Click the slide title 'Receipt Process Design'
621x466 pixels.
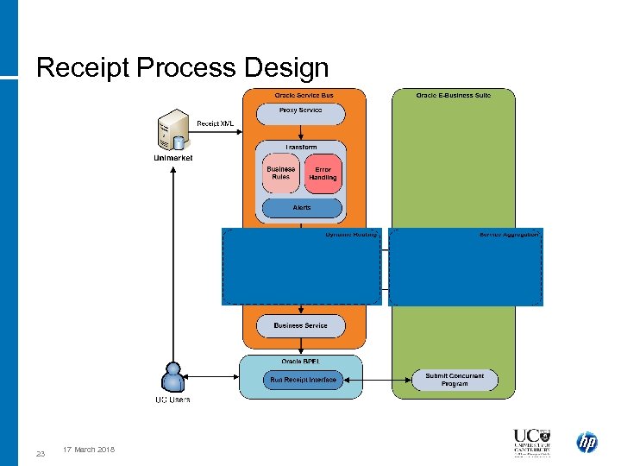pos(182,67)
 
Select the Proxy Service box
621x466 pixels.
pos(300,111)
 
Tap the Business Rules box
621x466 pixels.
pos(280,173)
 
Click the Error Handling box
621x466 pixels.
pos(323,173)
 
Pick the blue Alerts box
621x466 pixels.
pos(301,208)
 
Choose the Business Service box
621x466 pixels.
pos(300,325)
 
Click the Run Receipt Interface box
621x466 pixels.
pos(303,380)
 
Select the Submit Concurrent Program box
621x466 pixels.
pos(455,380)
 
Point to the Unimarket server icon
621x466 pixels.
pos(174,129)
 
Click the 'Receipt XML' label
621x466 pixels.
pos(215,123)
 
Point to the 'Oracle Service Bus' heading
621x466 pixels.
pos(304,95)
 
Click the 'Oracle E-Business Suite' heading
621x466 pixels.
pos(453,95)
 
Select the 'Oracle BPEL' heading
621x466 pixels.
pos(303,362)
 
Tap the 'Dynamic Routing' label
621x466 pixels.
pos(351,234)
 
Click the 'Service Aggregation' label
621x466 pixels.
pos(509,234)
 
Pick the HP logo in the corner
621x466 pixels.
pos(586,443)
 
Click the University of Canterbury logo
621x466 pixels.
pos(530,442)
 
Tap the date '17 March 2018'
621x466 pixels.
pos(89,450)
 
